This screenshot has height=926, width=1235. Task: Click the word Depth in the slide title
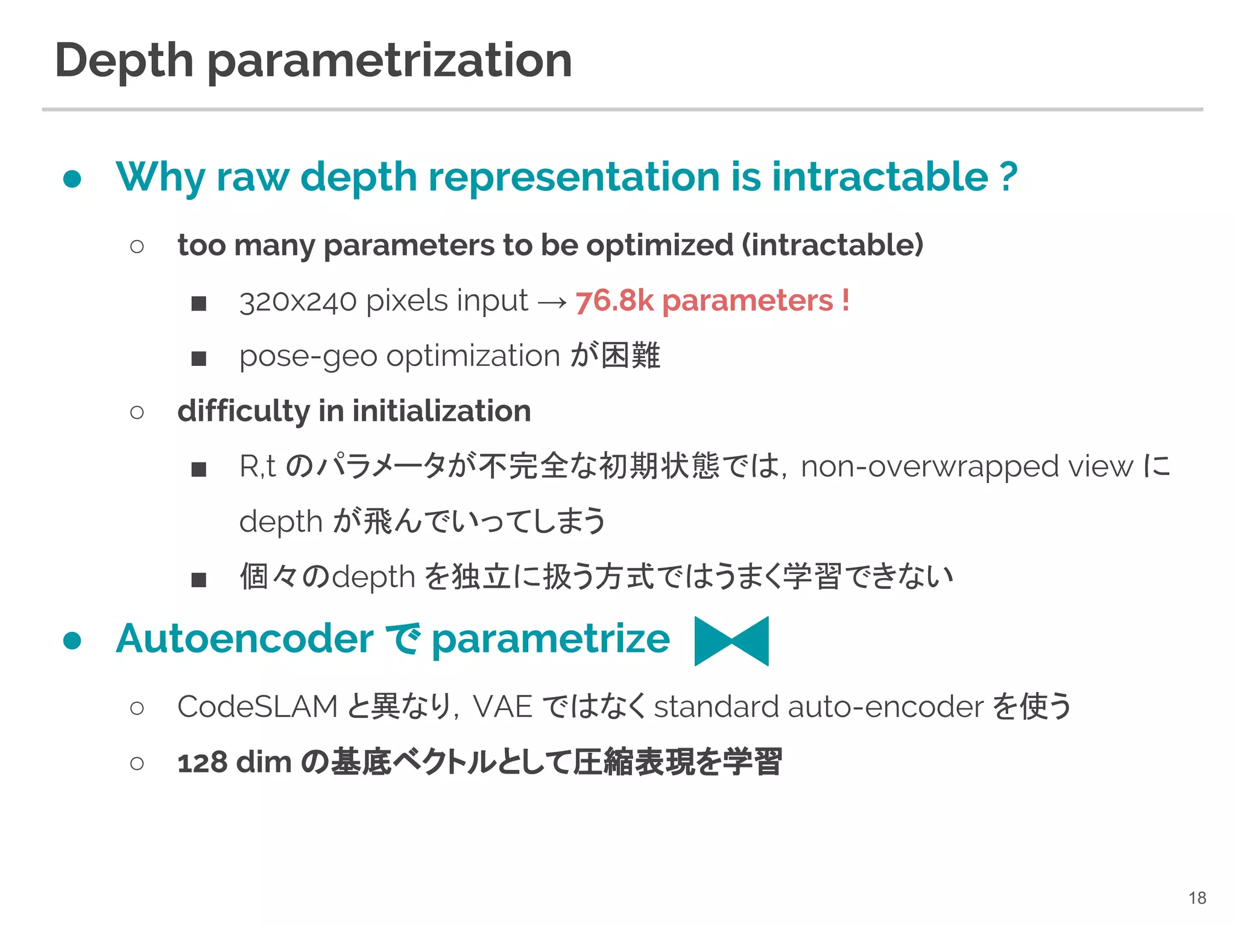(124, 60)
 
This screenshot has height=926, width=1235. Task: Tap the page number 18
(1197, 898)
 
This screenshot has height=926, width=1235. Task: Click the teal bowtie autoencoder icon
(731, 641)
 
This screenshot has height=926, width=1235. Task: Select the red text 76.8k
(614, 300)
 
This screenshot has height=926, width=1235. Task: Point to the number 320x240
(298, 301)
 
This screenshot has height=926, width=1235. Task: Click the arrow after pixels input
(552, 302)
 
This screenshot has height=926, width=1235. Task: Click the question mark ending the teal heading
(1008, 177)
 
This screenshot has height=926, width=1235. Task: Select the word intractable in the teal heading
(880, 177)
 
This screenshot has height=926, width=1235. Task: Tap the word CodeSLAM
(257, 707)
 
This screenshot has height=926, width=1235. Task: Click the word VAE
(502, 707)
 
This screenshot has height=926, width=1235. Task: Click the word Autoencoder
(245, 638)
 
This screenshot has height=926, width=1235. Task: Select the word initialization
(441, 411)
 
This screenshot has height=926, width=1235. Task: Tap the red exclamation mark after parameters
(845, 300)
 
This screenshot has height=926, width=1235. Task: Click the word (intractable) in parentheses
(832, 245)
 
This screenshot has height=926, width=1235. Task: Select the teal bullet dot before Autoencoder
(72, 641)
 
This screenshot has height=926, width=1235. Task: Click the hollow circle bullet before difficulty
(137, 412)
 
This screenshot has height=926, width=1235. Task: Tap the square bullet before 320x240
(199, 303)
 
